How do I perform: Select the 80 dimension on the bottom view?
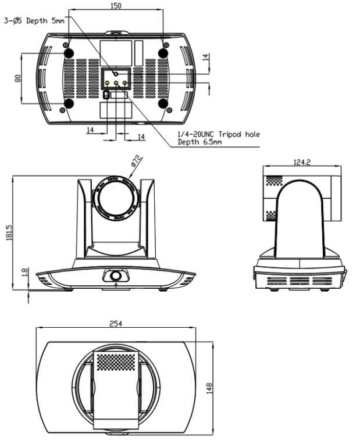(18, 78)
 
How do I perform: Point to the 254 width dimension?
(116, 324)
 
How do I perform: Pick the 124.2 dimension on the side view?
(302, 162)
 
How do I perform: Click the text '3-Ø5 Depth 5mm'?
(34, 20)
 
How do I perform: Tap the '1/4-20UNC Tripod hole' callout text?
(218, 134)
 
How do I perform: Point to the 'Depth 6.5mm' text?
(199, 142)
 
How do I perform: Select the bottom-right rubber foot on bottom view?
(163, 105)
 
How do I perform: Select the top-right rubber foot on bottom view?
(163, 53)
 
